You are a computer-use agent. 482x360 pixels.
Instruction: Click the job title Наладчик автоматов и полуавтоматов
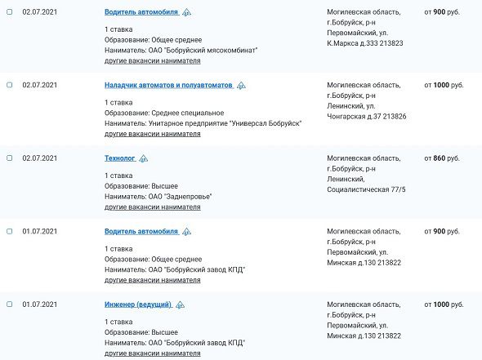tap(168, 86)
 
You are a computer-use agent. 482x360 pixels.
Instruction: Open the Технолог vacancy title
tap(119, 158)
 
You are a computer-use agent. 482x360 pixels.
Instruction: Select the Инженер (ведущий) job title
tap(137, 304)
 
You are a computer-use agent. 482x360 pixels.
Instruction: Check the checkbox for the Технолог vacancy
tap(9, 158)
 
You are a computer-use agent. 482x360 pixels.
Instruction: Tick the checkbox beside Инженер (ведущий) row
tap(9, 304)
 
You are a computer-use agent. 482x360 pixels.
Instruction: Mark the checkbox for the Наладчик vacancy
tap(9, 85)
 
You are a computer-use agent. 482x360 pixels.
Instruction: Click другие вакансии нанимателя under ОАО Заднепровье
tap(152, 207)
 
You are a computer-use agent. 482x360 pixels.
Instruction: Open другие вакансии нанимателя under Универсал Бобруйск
tap(152, 134)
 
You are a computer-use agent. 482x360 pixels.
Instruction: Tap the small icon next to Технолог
tap(144, 159)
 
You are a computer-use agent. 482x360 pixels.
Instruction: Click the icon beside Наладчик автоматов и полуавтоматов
tap(241, 86)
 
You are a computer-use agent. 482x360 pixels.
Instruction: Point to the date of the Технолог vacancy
tap(38, 158)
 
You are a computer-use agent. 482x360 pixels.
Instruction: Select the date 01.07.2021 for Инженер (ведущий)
tap(38, 304)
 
